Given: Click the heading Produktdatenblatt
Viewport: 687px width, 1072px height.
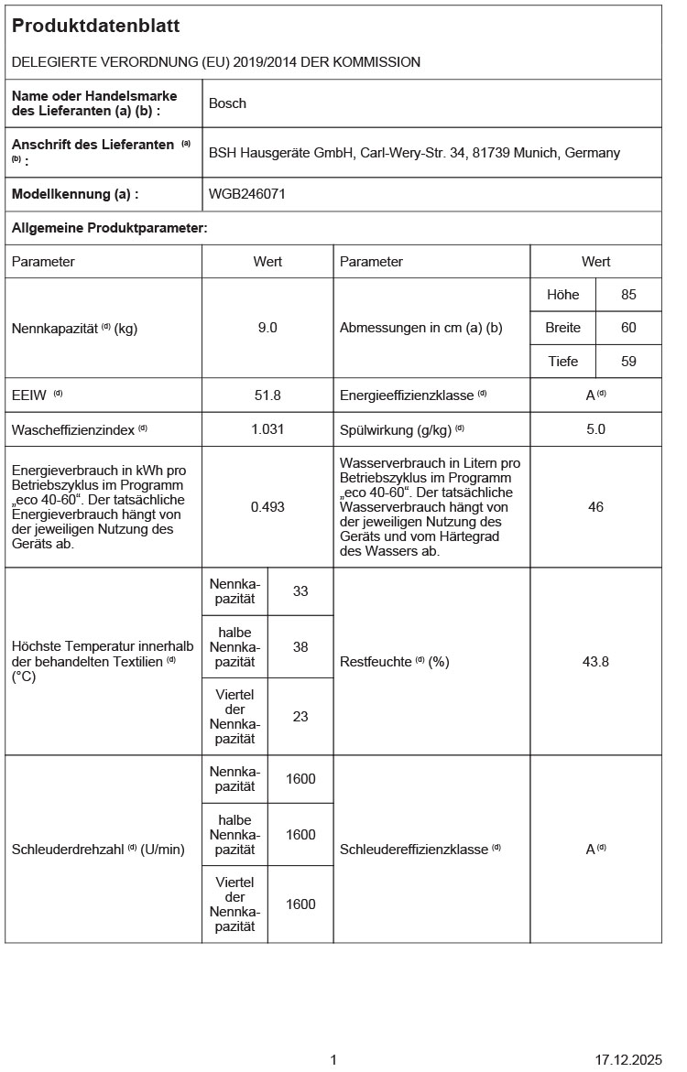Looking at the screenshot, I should point(95,27).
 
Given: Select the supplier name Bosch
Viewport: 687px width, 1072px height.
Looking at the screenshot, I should point(227,103).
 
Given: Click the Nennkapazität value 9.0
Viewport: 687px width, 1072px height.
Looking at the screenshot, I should point(267,328).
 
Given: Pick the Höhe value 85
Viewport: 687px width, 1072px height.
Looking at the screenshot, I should point(628,295).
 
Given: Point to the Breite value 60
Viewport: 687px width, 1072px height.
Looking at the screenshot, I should point(628,328).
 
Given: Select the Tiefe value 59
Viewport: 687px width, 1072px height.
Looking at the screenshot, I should point(628,362).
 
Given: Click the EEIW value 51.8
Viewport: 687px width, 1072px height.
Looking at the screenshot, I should point(267,395).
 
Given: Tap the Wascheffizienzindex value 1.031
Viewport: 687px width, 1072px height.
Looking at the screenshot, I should point(267,428).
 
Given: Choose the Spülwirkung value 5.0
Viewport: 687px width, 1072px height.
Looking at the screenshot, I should point(595,428).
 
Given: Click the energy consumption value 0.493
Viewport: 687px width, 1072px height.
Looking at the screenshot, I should point(267,506).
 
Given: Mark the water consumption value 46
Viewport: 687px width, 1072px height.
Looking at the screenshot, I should point(595,506).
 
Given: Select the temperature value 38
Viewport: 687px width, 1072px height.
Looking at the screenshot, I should point(300,646).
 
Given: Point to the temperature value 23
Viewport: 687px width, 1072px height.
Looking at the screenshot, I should point(300,717).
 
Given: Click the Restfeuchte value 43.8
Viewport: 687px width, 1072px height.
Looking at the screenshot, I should point(595,661).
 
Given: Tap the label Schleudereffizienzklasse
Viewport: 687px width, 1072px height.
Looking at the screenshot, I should point(414,850).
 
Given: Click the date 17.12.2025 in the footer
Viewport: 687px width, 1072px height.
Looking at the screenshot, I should point(627,1060).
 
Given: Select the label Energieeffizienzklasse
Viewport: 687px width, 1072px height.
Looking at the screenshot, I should point(408,395).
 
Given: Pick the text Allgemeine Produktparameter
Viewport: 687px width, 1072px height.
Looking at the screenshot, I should point(109,228).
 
